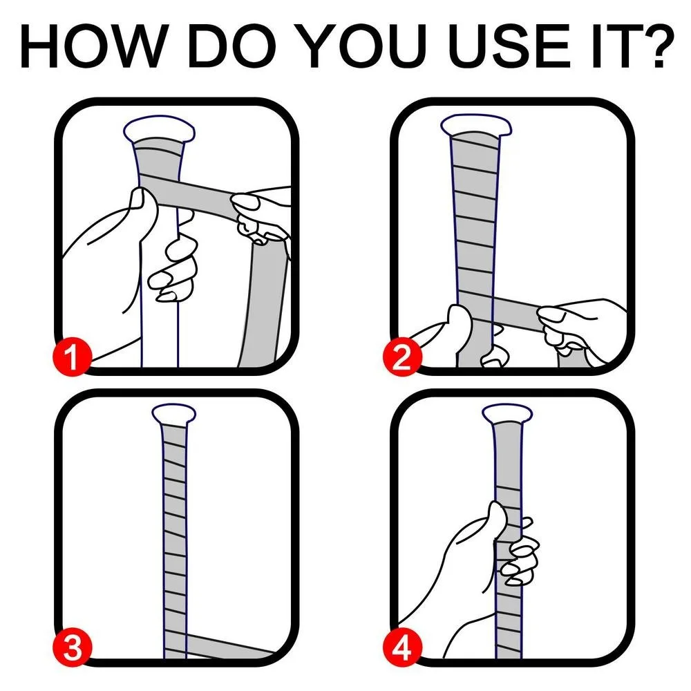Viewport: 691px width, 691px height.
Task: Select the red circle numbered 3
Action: (72, 650)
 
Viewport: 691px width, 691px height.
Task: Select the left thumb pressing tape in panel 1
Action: (142, 207)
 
